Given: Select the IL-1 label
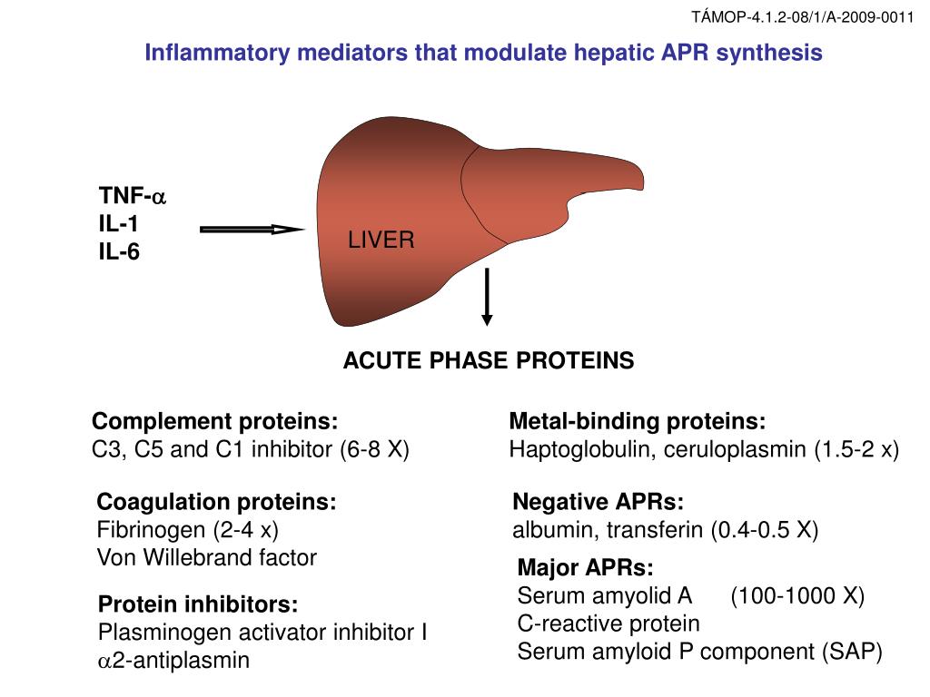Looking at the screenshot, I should pos(119,223).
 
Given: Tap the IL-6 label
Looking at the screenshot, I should pos(119,250).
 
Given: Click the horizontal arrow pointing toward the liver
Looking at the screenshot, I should pos(251,230).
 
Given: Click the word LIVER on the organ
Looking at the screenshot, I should pos(381,241).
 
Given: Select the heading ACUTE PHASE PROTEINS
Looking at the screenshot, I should pos(488,361).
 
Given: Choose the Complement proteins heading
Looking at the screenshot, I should pos(215,422).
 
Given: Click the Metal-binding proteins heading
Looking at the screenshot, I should pos(638,422).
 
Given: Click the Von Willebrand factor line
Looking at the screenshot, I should pos(207,557).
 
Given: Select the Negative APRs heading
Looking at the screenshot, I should pos(598,503).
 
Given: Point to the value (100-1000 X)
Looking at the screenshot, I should pos(797,596).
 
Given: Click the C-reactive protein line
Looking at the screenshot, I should pos(608,623).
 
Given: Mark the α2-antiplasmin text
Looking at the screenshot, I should pos(173,660).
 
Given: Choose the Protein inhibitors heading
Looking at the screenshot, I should pos(198,604).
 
